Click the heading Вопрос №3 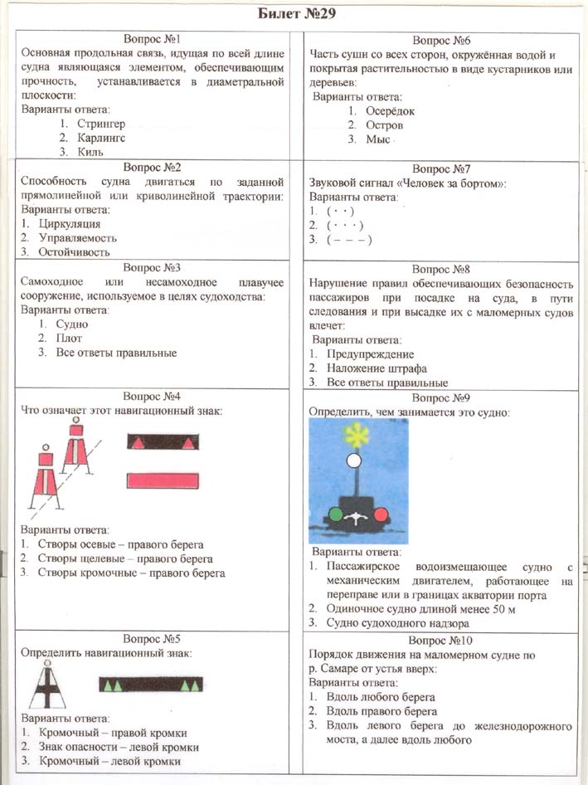(152, 268)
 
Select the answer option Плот (72, 339)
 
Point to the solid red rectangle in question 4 (163, 480)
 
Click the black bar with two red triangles (163, 441)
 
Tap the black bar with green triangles (150, 685)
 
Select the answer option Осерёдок (391, 111)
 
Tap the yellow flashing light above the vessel (355, 433)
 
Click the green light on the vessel (336, 514)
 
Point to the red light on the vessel (381, 514)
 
